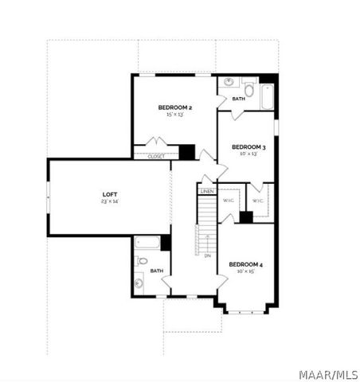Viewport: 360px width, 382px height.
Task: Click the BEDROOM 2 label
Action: point(174,107)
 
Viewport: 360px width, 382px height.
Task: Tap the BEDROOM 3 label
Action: point(248,147)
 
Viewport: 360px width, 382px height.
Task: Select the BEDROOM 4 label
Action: point(245,264)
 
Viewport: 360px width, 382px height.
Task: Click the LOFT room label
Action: point(109,194)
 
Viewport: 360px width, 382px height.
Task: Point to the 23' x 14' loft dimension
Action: point(109,201)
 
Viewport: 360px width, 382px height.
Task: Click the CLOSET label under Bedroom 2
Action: point(156,157)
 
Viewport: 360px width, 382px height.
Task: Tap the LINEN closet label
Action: point(207,192)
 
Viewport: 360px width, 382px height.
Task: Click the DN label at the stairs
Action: point(207,255)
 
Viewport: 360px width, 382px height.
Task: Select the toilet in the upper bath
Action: point(248,89)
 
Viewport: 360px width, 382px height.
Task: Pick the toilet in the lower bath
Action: point(142,260)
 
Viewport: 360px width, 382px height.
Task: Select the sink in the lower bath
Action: point(139,283)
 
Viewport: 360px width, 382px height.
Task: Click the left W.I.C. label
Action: point(228,201)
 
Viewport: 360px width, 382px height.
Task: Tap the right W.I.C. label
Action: point(258,201)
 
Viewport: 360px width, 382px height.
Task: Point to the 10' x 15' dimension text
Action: point(245,271)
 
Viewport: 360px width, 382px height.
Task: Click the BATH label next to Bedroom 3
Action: point(237,99)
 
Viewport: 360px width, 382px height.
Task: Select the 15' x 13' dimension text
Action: point(174,115)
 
